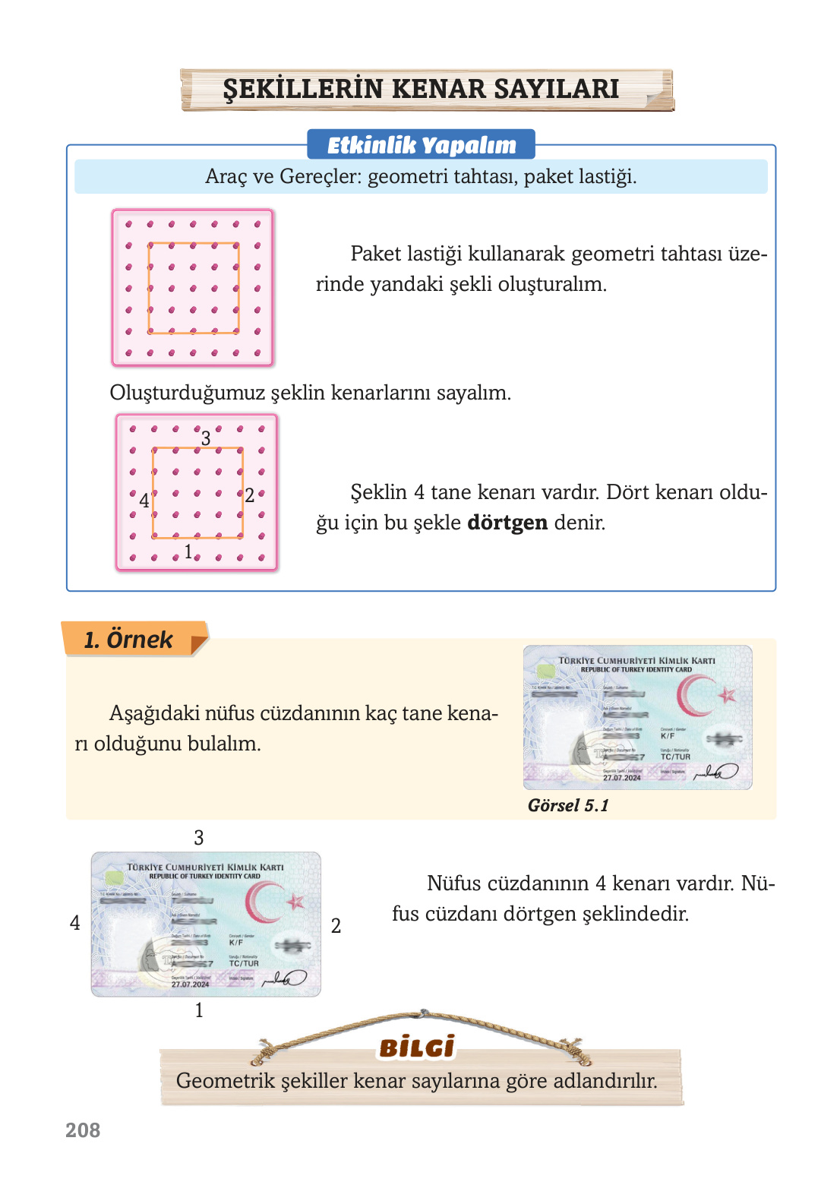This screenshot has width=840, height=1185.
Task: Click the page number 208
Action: click(83, 1130)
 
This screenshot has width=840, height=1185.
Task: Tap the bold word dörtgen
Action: click(507, 523)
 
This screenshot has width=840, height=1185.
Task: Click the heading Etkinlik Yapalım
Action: click(422, 145)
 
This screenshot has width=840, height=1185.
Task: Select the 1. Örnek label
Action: click(128, 640)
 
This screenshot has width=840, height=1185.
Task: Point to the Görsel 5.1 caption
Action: click(568, 806)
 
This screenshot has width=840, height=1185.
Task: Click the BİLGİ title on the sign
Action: click(417, 1048)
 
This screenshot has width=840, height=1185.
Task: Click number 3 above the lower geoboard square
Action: click(206, 438)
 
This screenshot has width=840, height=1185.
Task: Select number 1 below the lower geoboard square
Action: click(188, 552)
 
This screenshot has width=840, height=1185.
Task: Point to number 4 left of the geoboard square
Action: click(144, 501)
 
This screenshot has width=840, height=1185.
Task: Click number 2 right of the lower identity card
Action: click(336, 926)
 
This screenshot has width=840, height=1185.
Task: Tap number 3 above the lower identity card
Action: click(199, 838)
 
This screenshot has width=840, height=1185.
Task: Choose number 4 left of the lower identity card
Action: click(74, 923)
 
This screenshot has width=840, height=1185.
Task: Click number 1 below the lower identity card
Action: click(199, 1010)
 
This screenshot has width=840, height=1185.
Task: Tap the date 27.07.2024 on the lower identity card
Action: click(190, 984)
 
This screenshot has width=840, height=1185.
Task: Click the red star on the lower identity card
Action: click(295, 902)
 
